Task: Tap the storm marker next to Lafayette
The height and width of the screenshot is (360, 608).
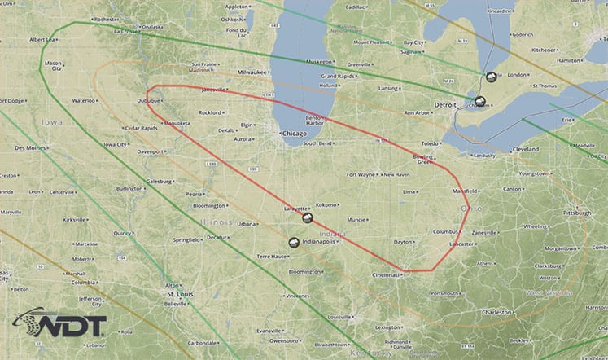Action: (x=308, y=218)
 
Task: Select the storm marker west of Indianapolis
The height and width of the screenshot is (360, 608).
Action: (x=293, y=242)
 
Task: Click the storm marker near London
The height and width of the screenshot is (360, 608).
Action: (x=491, y=77)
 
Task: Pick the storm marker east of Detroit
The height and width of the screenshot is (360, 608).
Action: (x=480, y=102)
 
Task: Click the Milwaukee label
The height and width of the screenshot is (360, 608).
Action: (x=247, y=72)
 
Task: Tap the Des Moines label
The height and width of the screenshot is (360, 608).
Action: (x=30, y=148)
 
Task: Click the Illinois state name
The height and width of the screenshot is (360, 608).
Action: (x=218, y=221)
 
